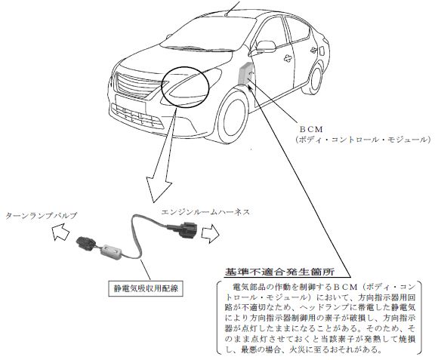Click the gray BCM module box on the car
point(245,74)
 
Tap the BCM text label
point(311,130)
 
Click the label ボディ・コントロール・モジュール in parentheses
point(362,140)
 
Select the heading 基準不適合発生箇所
point(279,272)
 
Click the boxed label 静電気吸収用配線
point(146,288)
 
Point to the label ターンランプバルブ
point(41,216)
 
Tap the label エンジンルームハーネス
point(205,212)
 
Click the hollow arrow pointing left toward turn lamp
point(60,232)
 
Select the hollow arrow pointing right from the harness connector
point(210,233)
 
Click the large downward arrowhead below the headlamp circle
point(159,189)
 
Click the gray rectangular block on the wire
point(112,251)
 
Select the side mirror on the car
point(266,47)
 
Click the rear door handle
point(315,50)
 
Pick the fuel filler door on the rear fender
point(321,51)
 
